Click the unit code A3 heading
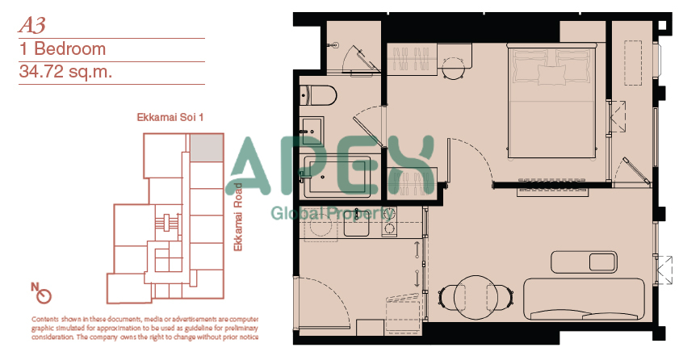[31, 25]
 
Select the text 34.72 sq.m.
[65, 71]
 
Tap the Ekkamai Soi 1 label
[170, 118]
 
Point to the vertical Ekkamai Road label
[238, 217]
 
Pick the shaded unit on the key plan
[207, 148]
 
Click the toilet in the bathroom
[318, 95]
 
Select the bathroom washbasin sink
[312, 131]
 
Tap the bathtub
[337, 176]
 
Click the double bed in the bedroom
[551, 101]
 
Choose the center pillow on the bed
[551, 74]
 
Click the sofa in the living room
[584, 299]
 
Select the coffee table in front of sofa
[585, 262]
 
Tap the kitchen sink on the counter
[356, 223]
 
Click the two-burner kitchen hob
[389, 223]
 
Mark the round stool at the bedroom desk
[454, 69]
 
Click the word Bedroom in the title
[69, 48]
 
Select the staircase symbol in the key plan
[166, 222]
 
